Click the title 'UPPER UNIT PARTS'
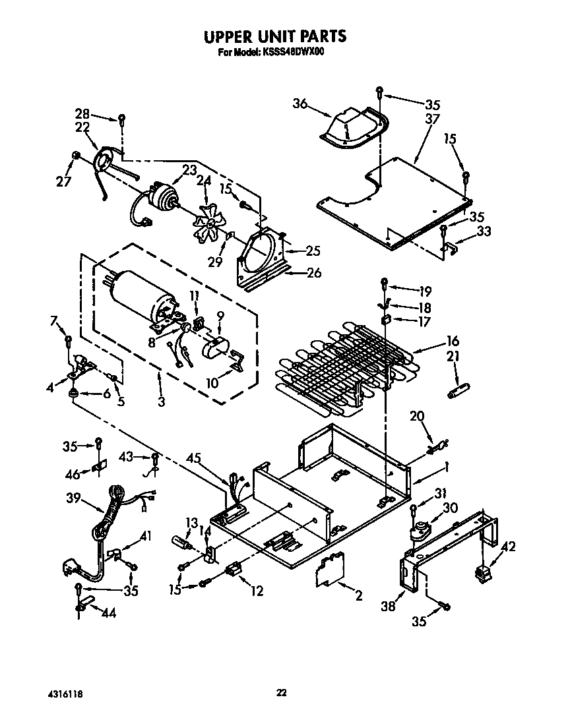point(274,36)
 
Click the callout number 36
point(301,103)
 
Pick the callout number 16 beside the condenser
point(453,341)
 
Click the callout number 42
point(509,546)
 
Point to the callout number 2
point(359,597)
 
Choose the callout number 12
point(256,591)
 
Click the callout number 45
point(193,458)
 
